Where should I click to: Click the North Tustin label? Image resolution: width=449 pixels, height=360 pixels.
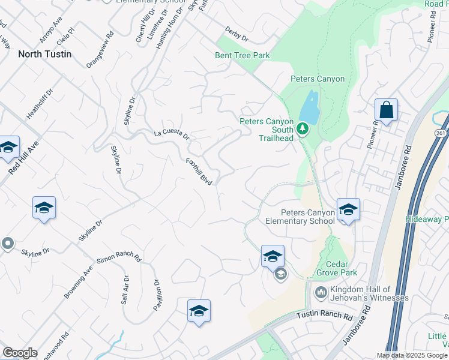coord(44,54)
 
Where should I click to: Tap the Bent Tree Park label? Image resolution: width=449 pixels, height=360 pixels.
coord(243,56)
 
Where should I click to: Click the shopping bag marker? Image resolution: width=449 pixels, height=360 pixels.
coord(386,110)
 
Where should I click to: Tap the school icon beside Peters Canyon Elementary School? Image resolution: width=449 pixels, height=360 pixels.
coord(348,209)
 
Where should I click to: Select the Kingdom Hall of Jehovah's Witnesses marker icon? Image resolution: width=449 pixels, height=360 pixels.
coord(320,293)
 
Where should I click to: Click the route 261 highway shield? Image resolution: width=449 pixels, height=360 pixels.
coord(442,133)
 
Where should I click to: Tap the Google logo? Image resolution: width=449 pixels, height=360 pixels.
coord(20,353)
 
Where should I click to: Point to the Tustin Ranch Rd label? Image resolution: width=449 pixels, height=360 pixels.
coord(325,316)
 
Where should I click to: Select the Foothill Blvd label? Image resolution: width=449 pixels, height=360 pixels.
coord(199,172)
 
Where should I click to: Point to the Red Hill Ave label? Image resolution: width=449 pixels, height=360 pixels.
coord(23,158)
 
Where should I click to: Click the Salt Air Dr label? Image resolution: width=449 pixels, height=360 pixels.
coord(125,290)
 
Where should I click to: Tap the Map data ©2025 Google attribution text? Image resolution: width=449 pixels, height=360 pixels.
coord(412,355)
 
